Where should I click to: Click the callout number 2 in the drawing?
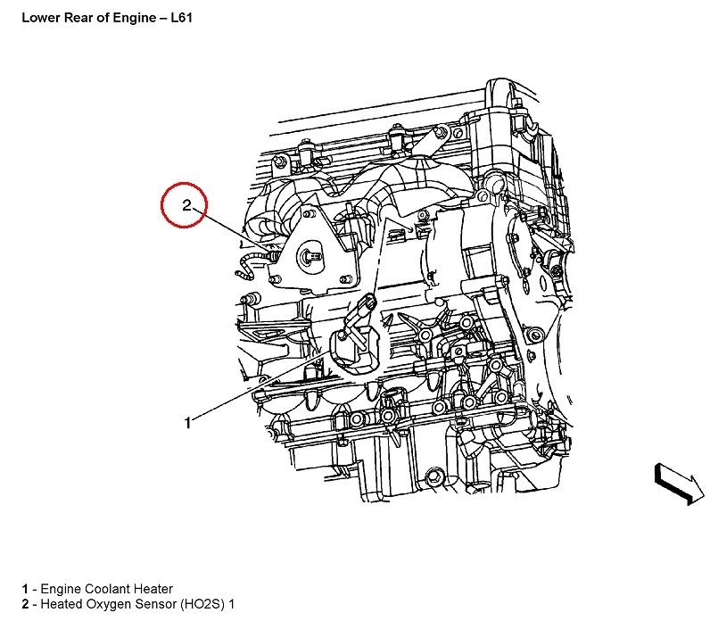pyautogui.click(x=186, y=205)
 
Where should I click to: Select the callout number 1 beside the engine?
pyautogui.click(x=187, y=423)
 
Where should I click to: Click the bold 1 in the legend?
pyautogui.click(x=25, y=589)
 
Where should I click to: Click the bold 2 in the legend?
pyautogui.click(x=25, y=605)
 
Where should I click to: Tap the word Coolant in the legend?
pyautogui.click(x=111, y=589)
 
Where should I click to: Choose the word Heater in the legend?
pyautogui.click(x=153, y=589)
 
